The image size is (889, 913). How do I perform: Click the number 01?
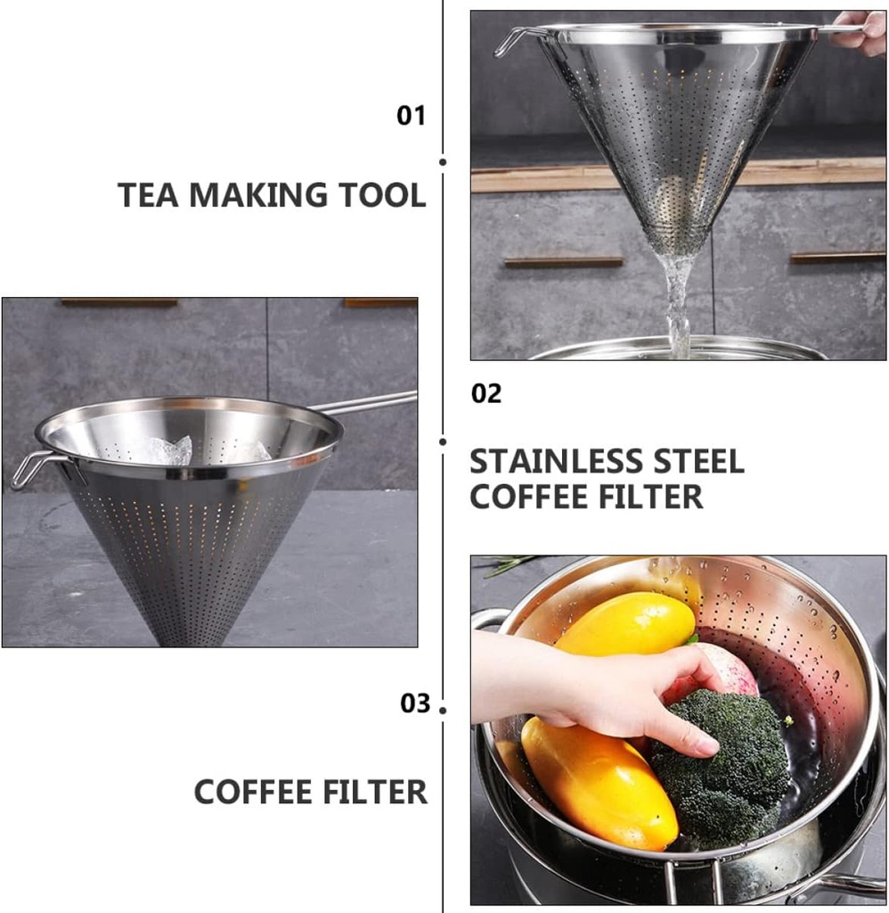[411, 116]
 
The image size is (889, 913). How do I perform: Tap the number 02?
[486, 394]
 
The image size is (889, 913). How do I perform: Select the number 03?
[415, 703]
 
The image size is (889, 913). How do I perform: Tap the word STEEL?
[696, 462]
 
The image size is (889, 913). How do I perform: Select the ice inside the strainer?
[169, 450]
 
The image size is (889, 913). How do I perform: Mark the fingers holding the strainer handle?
[859, 32]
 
